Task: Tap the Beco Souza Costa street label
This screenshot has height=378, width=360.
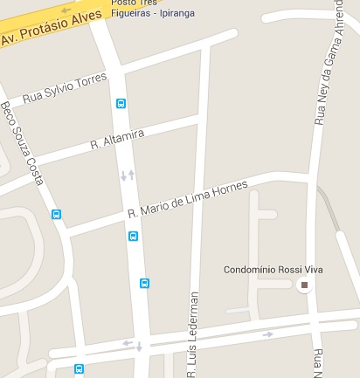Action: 22,144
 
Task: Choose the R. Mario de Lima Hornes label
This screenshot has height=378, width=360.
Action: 188,199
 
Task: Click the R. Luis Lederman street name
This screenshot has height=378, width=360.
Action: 193,336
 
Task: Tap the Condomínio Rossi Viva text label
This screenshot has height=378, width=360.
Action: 273,269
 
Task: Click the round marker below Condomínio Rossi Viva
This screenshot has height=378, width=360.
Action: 304,285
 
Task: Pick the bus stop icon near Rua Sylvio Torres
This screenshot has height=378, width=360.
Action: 121,103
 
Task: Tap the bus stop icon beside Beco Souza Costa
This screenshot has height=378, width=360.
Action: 57,214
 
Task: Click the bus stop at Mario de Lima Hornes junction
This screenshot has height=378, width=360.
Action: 133,236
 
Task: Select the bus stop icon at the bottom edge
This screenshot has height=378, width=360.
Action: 79,369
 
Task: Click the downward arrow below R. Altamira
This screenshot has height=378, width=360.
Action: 122,177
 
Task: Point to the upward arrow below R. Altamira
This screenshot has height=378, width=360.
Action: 131,175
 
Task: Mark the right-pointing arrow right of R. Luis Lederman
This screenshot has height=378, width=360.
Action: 268,333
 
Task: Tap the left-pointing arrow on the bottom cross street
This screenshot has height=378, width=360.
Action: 128,343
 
